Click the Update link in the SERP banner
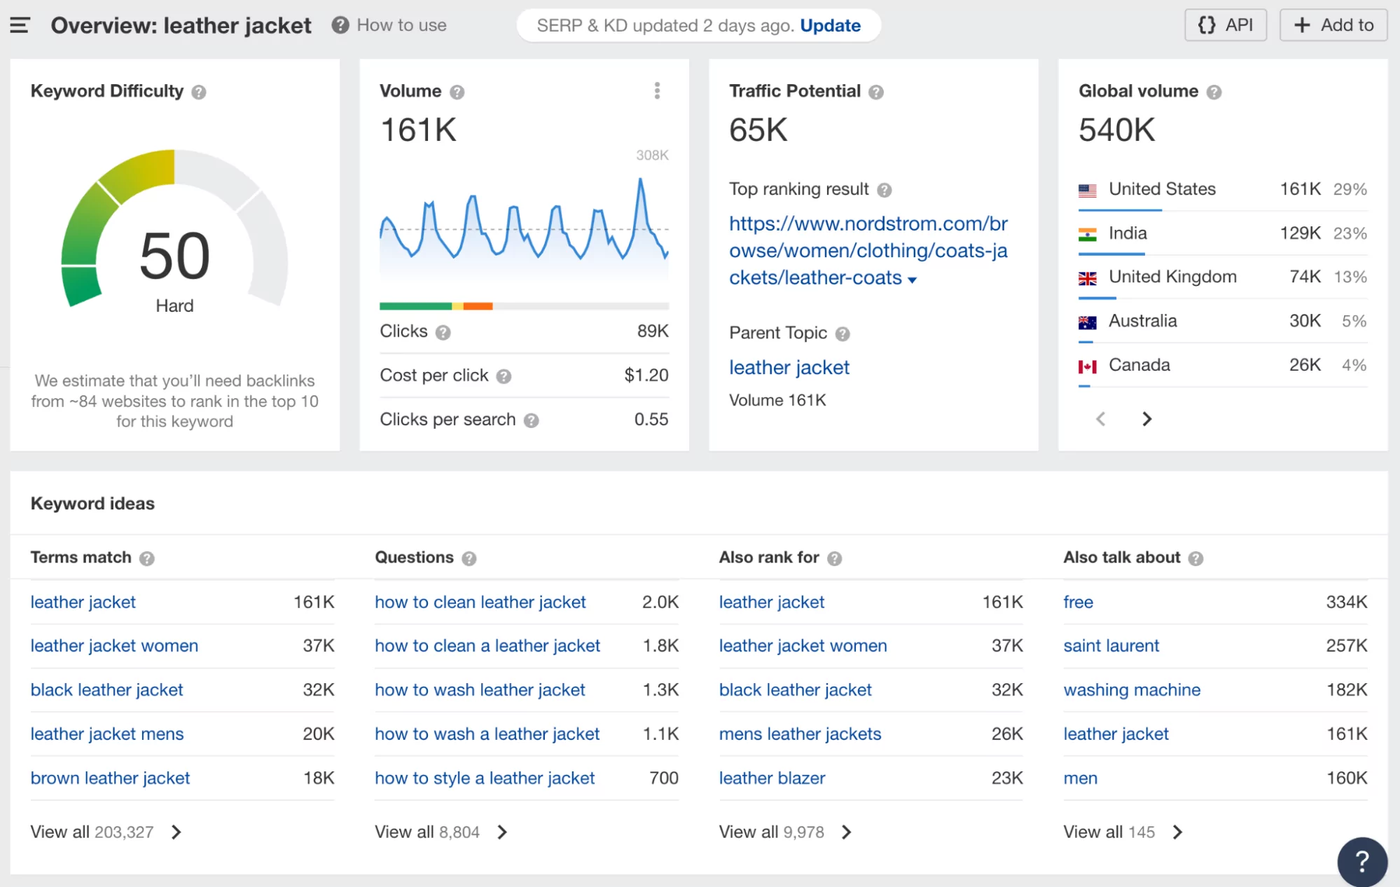click(830, 26)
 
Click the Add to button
click(1333, 25)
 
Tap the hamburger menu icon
click(20, 26)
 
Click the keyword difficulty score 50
click(174, 256)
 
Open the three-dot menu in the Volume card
click(656, 90)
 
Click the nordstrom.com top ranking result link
click(868, 250)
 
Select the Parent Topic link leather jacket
click(789, 367)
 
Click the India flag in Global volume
click(1087, 234)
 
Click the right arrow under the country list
click(1146, 419)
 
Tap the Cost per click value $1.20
click(646, 376)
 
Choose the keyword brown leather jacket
click(110, 778)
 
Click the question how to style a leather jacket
click(484, 778)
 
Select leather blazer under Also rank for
click(772, 778)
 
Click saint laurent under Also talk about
click(1111, 646)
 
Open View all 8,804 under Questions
click(441, 832)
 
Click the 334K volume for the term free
click(1346, 603)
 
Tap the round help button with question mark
click(1361, 861)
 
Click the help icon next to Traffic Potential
click(876, 92)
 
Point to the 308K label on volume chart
click(652, 156)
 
